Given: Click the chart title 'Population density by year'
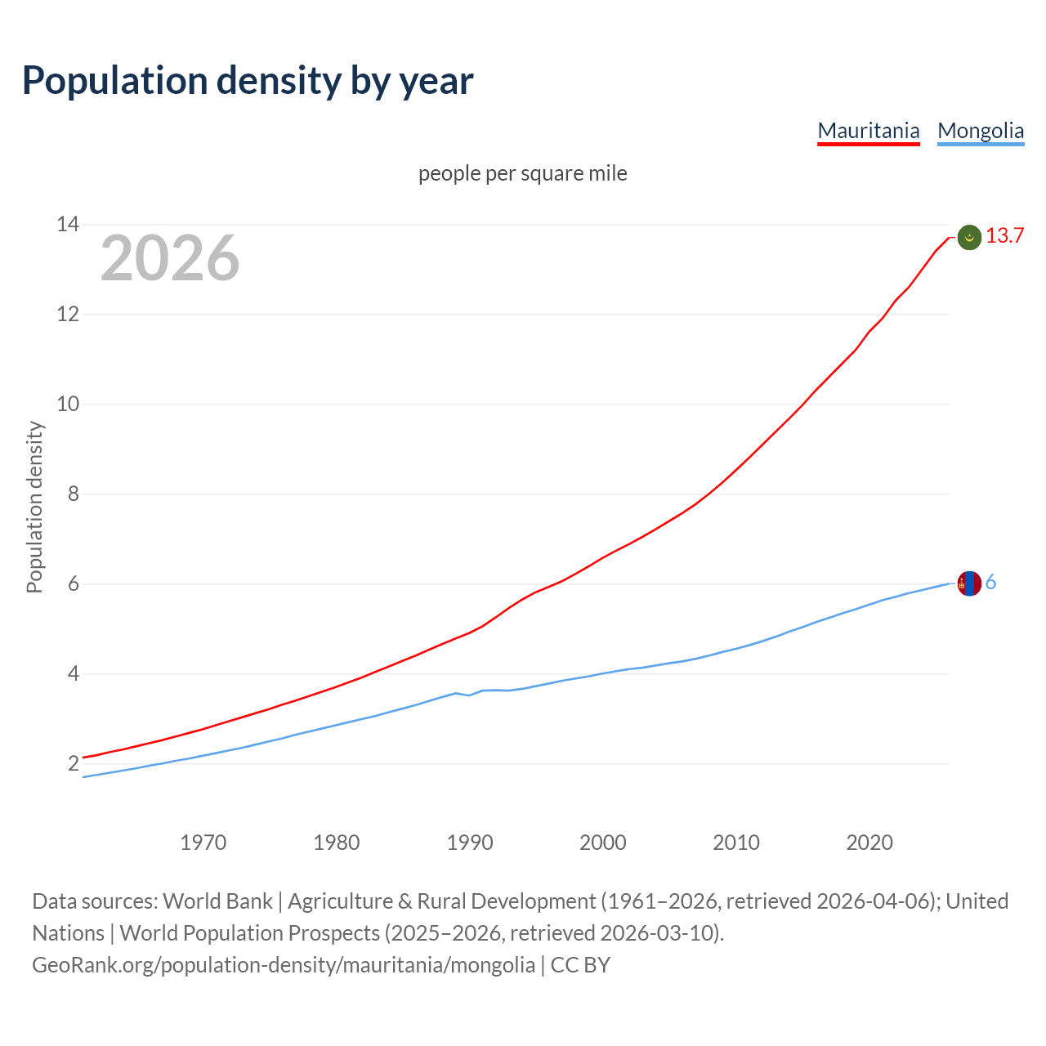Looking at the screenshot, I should tap(248, 80).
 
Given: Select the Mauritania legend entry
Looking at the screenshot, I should tap(869, 131).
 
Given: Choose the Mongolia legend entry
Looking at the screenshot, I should tap(981, 131).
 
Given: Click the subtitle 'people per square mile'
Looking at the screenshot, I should tap(523, 173).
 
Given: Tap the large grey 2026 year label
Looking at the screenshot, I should tap(170, 258).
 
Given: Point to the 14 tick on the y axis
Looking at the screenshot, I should tap(68, 224).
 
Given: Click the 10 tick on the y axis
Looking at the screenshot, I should tap(68, 404).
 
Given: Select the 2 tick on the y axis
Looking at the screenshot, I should tap(74, 763).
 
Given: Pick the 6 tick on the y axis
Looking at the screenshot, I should tap(74, 583).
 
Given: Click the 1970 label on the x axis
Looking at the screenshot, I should tap(203, 843).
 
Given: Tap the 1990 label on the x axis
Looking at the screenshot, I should tap(470, 843).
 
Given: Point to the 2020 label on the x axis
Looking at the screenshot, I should tap(869, 843).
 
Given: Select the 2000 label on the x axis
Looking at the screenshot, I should tap(603, 843).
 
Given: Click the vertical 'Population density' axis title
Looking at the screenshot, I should tap(34, 507).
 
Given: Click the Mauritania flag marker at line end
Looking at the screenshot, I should tap(969, 237).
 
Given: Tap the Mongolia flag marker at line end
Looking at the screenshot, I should tap(969, 583).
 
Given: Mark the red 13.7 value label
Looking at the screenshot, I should tap(1004, 236).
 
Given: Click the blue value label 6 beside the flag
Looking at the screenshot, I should tap(990, 583).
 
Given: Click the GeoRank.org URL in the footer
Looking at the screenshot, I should tap(284, 965).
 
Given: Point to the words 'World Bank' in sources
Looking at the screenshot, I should tap(217, 901).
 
